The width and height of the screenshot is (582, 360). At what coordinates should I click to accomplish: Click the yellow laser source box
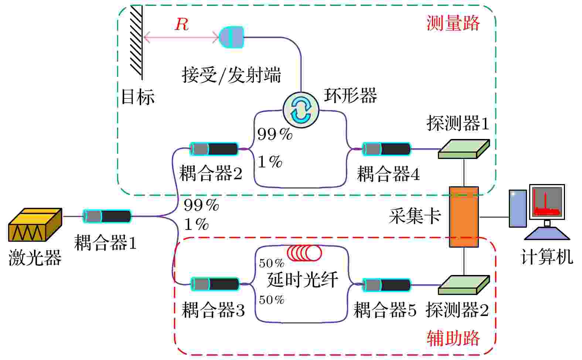point(35,225)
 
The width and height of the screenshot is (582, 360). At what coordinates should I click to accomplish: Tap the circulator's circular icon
point(301,110)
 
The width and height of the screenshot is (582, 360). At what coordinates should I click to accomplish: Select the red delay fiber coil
point(304,253)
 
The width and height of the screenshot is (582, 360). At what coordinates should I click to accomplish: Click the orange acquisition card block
point(464,217)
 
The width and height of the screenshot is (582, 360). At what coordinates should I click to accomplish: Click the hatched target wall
point(136,42)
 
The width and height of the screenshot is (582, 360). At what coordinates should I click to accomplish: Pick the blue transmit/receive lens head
point(232,37)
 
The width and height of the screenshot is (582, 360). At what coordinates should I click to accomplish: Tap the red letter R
point(181,24)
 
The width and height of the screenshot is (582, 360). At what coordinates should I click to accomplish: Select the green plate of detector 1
point(464,149)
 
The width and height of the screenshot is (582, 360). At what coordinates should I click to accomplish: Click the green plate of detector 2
point(464,285)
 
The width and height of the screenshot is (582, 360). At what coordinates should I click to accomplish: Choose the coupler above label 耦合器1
point(107,216)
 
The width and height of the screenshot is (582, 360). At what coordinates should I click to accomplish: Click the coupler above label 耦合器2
point(214,149)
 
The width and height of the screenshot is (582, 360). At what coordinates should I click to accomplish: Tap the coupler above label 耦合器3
point(215,284)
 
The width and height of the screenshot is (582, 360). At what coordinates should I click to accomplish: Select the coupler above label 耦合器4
point(387,149)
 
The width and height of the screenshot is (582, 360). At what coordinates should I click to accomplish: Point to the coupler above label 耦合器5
point(387,285)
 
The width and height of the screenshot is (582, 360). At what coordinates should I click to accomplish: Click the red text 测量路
point(453,23)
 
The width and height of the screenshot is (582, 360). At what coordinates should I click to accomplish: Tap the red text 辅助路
point(453,338)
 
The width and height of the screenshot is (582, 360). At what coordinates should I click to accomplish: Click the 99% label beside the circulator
point(275,134)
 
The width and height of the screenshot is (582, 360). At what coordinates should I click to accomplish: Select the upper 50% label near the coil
point(272,263)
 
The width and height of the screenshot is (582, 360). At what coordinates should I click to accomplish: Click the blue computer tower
point(518,208)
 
